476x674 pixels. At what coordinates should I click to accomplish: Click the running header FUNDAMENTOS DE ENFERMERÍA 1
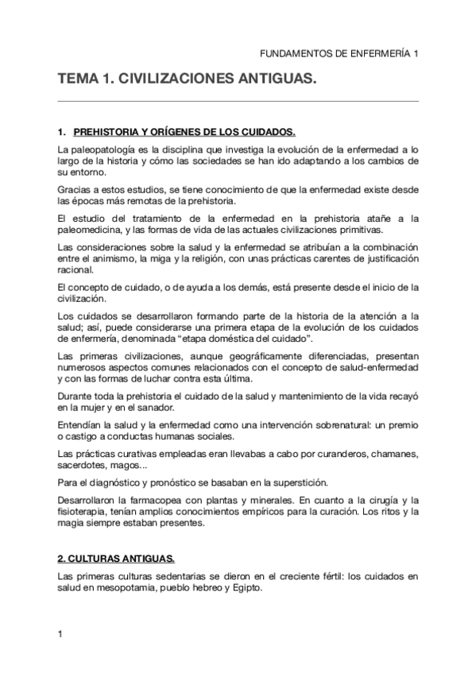(339, 52)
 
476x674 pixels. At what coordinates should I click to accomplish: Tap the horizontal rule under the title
(238, 102)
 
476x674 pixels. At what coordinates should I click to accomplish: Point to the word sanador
(163, 407)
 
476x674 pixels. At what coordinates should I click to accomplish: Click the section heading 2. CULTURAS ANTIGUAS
(117, 559)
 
